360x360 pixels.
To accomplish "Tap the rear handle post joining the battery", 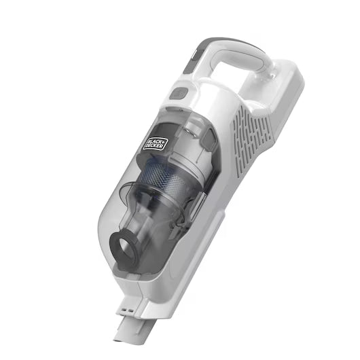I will pyautogui.click(x=268, y=75).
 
